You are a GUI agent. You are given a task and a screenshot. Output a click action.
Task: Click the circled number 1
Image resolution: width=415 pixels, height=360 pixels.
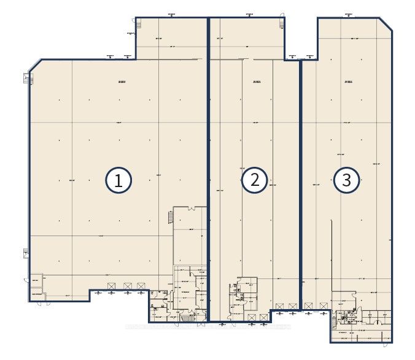[x=118, y=180]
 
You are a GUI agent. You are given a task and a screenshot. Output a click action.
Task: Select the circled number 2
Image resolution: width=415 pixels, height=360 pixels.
[x=254, y=180]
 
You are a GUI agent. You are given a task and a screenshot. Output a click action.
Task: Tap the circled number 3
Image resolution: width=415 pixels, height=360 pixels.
[x=347, y=180]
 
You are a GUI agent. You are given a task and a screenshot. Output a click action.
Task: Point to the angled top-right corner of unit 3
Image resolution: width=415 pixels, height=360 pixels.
[x=387, y=23]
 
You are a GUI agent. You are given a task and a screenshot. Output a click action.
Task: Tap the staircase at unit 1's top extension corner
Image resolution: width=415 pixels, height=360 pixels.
[x=139, y=24]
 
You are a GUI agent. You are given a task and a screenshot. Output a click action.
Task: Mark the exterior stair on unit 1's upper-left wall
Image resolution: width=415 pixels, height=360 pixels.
[x=26, y=78]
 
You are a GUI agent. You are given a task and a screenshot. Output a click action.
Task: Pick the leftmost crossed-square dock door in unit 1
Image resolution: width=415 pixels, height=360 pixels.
[x=111, y=286]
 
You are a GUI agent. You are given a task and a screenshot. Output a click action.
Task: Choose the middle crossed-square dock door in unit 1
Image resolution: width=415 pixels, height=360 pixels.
[x=127, y=286]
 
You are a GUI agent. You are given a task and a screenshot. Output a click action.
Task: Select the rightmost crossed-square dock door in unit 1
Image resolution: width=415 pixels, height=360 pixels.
[x=142, y=286]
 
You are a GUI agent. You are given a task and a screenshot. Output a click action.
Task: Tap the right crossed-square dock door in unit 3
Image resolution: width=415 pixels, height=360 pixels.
[x=322, y=306]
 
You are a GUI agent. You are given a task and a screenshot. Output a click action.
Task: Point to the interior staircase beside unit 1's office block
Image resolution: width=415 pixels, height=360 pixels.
[x=169, y=218]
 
